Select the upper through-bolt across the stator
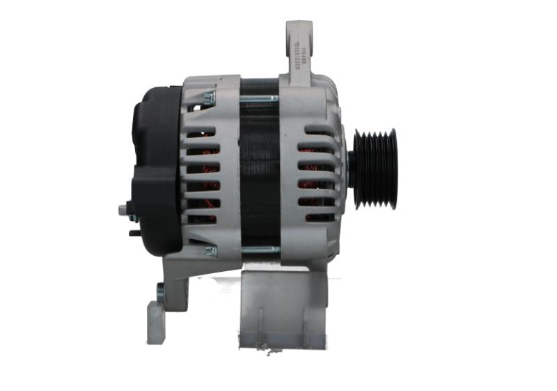260,98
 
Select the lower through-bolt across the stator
260,250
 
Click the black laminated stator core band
260,174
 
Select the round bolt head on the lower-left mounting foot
161,293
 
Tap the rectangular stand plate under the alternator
282,307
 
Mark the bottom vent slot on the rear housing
203,218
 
